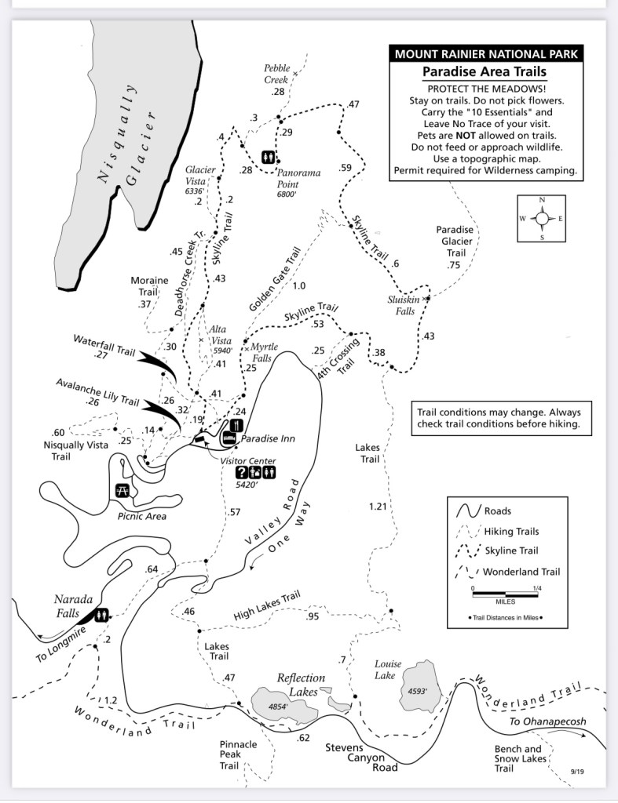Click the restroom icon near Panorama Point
click(269, 156)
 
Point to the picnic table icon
click(123, 491)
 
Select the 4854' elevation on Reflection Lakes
click(279, 706)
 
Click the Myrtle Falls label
click(261, 352)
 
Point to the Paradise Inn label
click(268, 438)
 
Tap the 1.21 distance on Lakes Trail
click(378, 507)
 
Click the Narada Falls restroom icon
click(101, 616)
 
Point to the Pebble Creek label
click(277, 74)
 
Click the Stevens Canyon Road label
click(356, 758)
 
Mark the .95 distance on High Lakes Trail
click(313, 616)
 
